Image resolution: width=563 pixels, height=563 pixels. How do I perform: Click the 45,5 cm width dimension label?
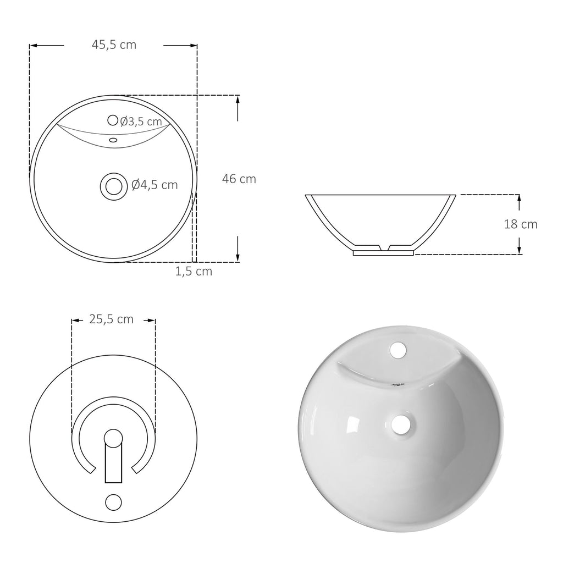click(x=114, y=45)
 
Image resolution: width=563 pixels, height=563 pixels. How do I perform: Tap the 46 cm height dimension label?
click(x=239, y=179)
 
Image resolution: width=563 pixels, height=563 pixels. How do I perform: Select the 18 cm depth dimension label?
click(x=521, y=224)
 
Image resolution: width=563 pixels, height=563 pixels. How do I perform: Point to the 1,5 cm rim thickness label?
click(x=194, y=272)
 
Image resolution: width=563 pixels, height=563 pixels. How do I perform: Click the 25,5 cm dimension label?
click(x=111, y=319)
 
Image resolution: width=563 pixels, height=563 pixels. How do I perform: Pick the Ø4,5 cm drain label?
click(x=154, y=185)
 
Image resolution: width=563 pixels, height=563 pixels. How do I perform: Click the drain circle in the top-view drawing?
click(x=114, y=186)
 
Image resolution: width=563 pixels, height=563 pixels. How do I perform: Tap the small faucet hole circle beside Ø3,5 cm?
click(x=113, y=120)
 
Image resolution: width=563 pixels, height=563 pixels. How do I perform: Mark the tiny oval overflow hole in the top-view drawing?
click(x=113, y=140)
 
